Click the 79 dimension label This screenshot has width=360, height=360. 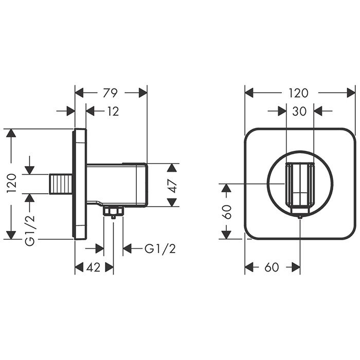point(111,93)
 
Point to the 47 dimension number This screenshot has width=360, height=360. point(173,185)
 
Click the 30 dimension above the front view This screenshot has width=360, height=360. point(300,111)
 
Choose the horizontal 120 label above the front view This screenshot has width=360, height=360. point(298,93)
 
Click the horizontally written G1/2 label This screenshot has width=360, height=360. point(160,249)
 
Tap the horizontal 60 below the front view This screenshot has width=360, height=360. point(272,267)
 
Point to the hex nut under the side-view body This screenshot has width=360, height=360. point(113,211)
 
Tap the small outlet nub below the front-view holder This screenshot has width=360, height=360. point(299,217)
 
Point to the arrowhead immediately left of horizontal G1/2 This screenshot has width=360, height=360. point(128,249)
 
